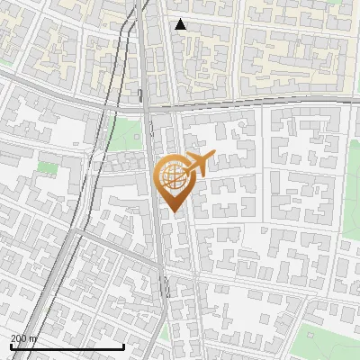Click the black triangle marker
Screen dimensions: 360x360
point(180,24)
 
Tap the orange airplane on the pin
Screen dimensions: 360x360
point(198,164)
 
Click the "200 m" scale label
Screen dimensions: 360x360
point(24,337)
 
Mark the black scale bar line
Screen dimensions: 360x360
point(67,346)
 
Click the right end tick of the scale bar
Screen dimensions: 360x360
point(123,345)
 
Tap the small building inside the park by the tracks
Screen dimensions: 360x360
point(136,138)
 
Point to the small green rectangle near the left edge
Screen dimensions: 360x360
point(47,167)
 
